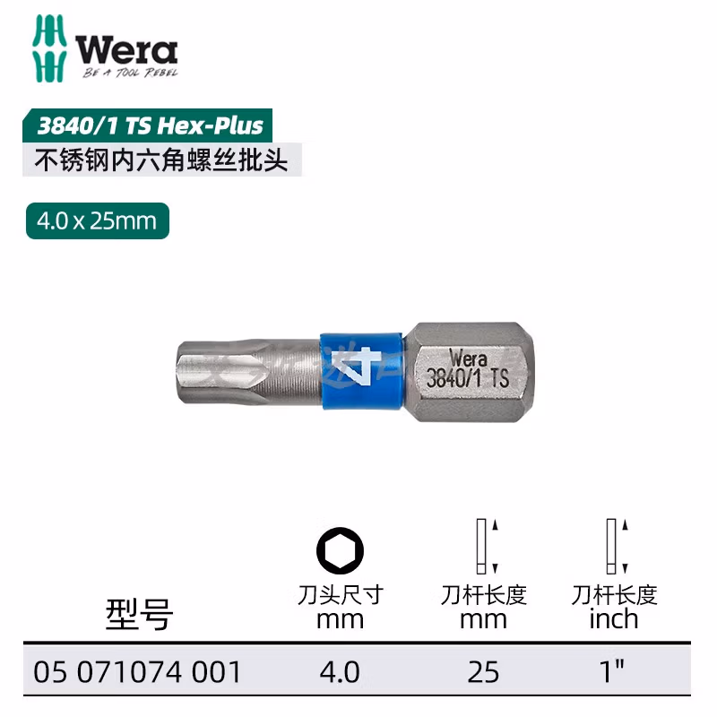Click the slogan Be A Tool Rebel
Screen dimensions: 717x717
coord(131,73)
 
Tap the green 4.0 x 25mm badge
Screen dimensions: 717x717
coord(98,220)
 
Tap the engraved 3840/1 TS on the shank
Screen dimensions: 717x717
coord(468,379)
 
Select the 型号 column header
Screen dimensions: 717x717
coord(139,615)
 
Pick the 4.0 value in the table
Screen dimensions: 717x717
coord(341,672)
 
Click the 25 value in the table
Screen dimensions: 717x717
coord(484,672)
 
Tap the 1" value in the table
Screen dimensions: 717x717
coord(614,672)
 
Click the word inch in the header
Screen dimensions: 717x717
coord(614,618)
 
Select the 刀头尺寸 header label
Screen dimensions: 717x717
coord(341,594)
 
